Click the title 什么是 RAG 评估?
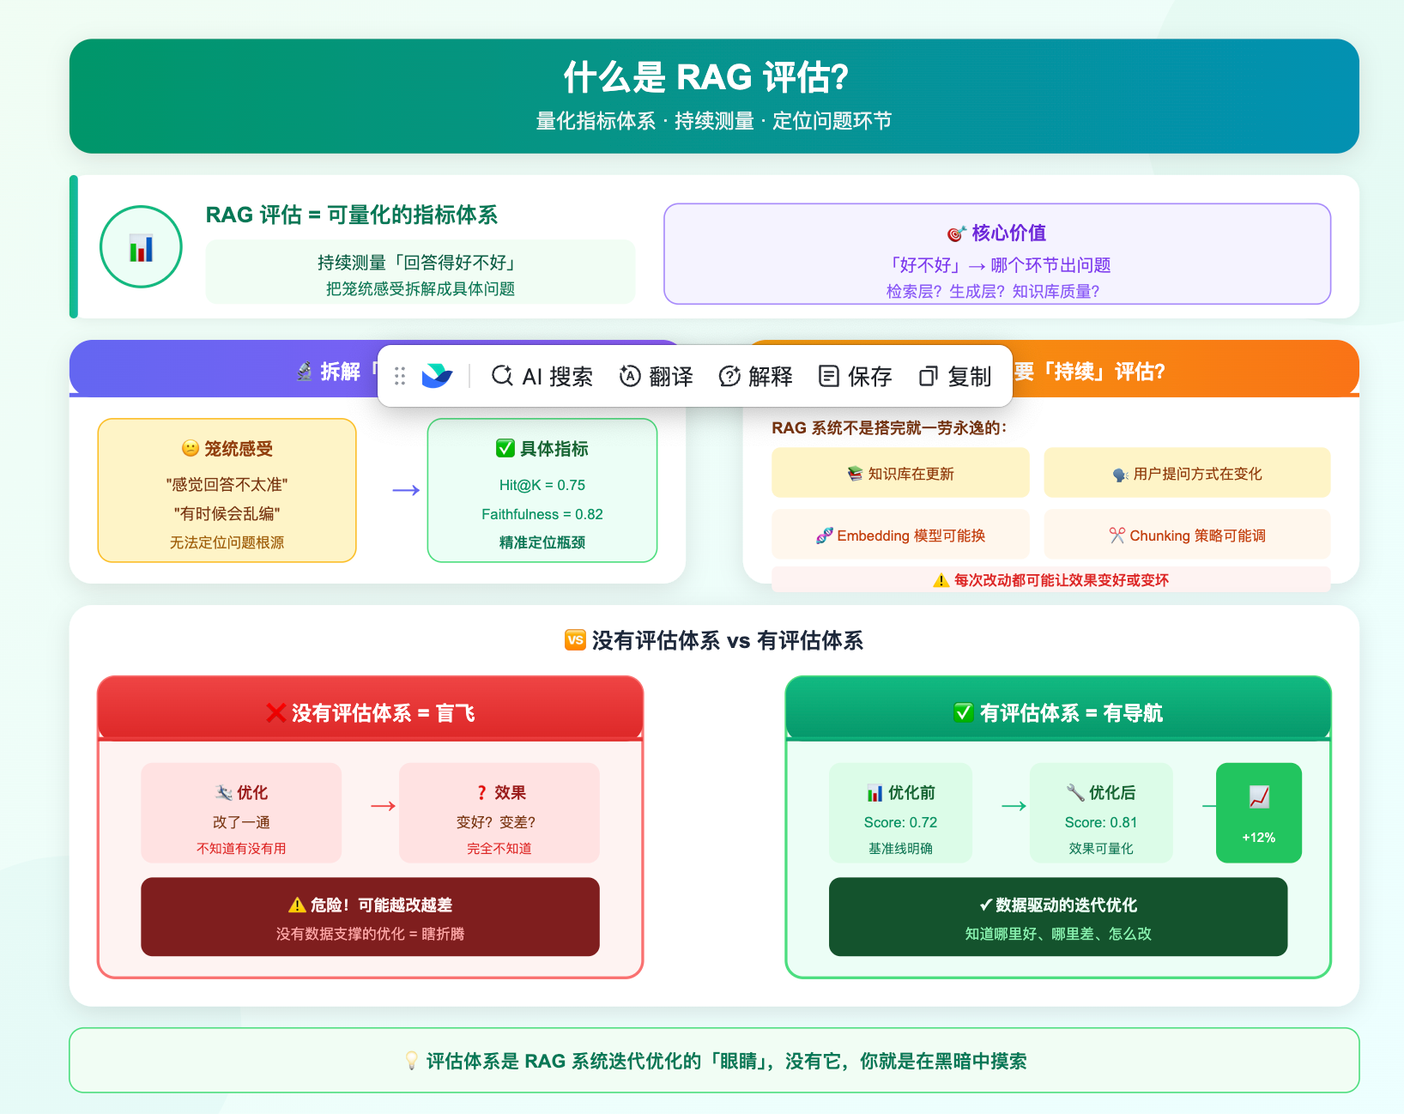(705, 77)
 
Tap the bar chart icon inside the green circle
(141, 248)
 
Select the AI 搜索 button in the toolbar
(542, 376)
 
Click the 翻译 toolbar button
(657, 376)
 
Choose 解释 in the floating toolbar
(756, 376)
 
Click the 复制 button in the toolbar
(955, 376)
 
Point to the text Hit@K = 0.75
(542, 485)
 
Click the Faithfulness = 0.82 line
(542, 514)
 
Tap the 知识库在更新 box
(900, 473)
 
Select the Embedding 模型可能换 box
(900, 535)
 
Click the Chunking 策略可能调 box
(1187, 535)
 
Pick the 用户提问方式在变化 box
(1187, 473)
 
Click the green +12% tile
(1258, 813)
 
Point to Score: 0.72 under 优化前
(900, 822)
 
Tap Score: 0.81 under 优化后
(1100, 822)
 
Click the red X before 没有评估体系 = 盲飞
(275, 713)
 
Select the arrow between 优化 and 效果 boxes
(383, 806)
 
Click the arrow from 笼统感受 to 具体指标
(406, 490)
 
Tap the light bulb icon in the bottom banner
(412, 1061)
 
